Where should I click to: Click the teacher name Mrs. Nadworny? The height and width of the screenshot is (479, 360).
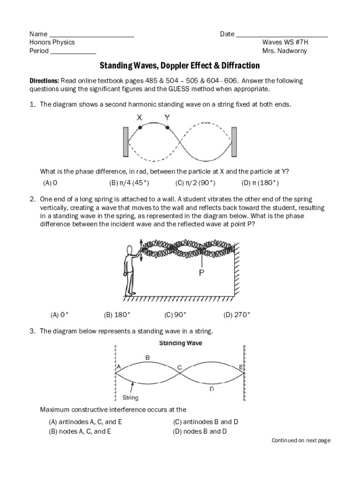point(284,51)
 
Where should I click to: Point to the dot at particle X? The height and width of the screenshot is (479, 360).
point(140,127)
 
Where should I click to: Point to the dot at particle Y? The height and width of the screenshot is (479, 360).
point(167,127)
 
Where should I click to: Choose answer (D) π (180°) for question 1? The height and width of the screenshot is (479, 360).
point(260,183)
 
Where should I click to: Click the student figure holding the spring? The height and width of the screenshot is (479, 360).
point(133,269)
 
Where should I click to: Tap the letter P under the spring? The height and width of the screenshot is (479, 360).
point(202,273)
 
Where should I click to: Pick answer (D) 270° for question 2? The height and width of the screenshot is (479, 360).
point(237,315)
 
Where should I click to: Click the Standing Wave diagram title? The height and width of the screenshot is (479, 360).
point(180,343)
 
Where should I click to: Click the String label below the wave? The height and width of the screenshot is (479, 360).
point(130,398)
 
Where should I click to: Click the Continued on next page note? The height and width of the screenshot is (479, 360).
point(301,440)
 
